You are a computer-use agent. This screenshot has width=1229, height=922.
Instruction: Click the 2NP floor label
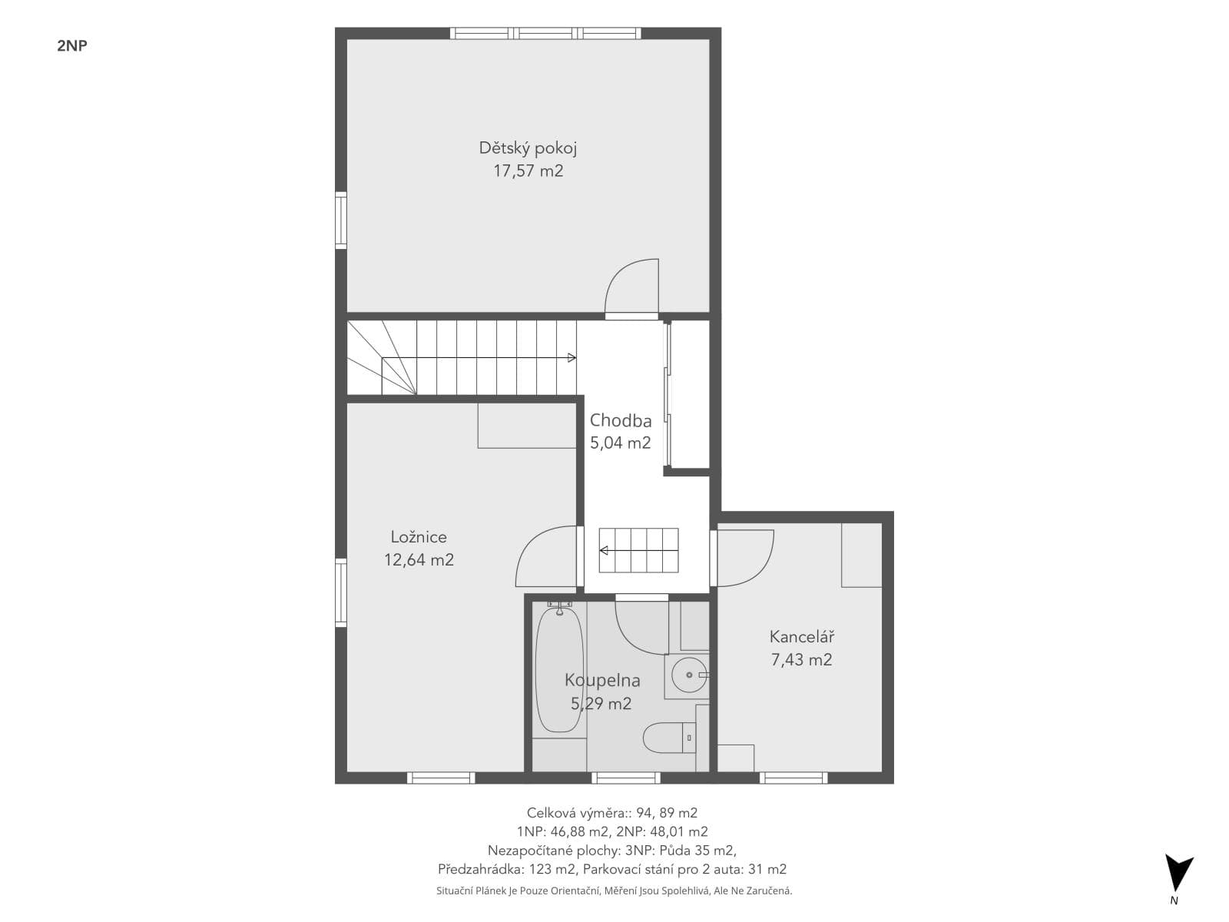(71, 46)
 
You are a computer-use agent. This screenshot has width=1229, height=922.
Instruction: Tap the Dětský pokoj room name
(528, 148)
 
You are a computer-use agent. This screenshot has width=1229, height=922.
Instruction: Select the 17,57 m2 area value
(528, 171)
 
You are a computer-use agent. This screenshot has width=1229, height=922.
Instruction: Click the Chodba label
(621, 420)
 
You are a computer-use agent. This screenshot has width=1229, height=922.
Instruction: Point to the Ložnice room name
(419, 537)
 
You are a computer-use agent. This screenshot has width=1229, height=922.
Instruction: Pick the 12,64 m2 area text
(419, 560)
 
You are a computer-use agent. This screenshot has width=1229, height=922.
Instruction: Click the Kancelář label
(801, 636)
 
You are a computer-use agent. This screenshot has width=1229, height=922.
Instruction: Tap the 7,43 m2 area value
(801, 659)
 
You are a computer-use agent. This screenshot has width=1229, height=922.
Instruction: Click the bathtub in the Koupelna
(559, 670)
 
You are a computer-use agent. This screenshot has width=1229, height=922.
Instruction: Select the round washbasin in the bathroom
(689, 675)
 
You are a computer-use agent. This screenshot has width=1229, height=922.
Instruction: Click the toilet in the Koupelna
(669, 738)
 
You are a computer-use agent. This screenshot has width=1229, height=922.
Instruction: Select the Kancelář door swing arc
(761, 571)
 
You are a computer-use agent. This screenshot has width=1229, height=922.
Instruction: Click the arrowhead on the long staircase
(571, 358)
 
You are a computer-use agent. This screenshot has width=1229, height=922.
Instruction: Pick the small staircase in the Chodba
(638, 551)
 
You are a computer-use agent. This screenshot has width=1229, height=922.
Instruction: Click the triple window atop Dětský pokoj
(545, 33)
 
